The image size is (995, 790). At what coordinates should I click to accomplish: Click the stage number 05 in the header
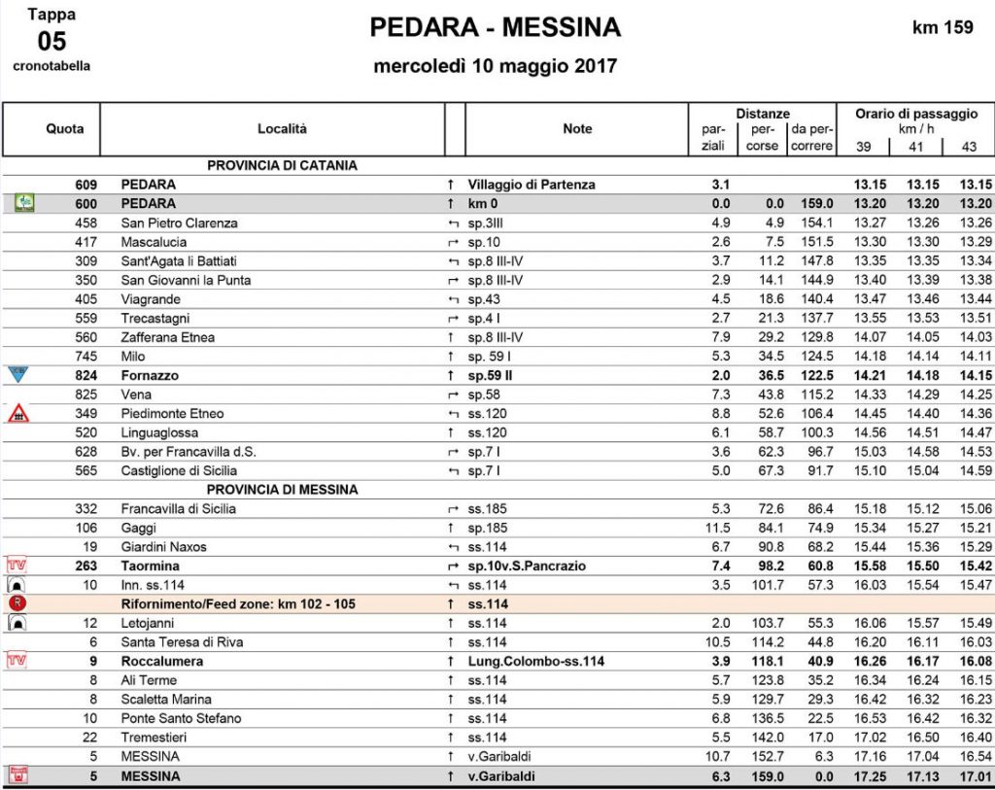click(51, 41)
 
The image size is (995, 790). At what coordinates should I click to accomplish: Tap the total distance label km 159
click(942, 27)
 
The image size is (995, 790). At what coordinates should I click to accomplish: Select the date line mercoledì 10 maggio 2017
click(496, 67)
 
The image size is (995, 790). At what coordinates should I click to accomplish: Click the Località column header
click(282, 128)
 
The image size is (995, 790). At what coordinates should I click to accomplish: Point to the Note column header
click(577, 128)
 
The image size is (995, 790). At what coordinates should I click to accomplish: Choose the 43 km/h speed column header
click(969, 146)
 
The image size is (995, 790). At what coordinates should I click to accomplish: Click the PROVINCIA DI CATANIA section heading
click(282, 165)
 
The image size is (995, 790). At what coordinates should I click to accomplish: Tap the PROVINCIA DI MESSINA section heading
click(282, 490)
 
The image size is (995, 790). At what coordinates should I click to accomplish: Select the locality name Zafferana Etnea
click(168, 337)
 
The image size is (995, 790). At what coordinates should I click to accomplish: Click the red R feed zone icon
click(17, 603)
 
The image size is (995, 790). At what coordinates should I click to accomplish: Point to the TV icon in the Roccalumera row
click(17, 661)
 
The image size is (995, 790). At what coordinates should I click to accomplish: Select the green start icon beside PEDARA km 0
click(23, 203)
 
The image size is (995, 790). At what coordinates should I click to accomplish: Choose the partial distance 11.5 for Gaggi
click(716, 528)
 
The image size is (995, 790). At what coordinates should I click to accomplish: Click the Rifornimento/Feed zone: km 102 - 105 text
click(238, 603)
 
